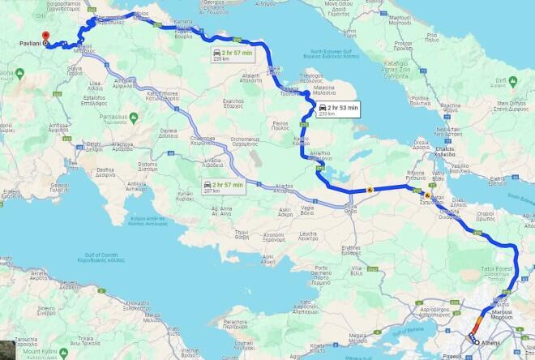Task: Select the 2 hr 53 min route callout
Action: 337,109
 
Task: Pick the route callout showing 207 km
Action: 220,186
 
